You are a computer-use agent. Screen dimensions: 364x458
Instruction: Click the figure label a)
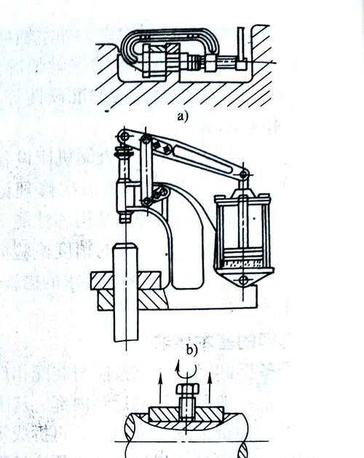tap(183, 117)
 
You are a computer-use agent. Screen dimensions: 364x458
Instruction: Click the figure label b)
tap(191, 349)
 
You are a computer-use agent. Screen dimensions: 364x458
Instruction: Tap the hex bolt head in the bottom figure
tap(188, 389)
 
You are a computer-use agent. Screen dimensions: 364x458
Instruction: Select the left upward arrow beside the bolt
tap(160, 388)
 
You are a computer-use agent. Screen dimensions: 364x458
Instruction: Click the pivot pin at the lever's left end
tap(124, 136)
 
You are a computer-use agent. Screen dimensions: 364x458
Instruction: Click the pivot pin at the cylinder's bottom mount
tap(243, 280)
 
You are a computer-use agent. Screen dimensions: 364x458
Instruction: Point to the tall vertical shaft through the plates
tap(125, 292)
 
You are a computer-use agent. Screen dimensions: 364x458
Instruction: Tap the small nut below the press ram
tap(126, 218)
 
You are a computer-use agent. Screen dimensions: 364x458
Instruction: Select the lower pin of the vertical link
tap(147, 201)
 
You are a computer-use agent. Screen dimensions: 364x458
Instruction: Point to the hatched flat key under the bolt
tap(186, 414)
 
